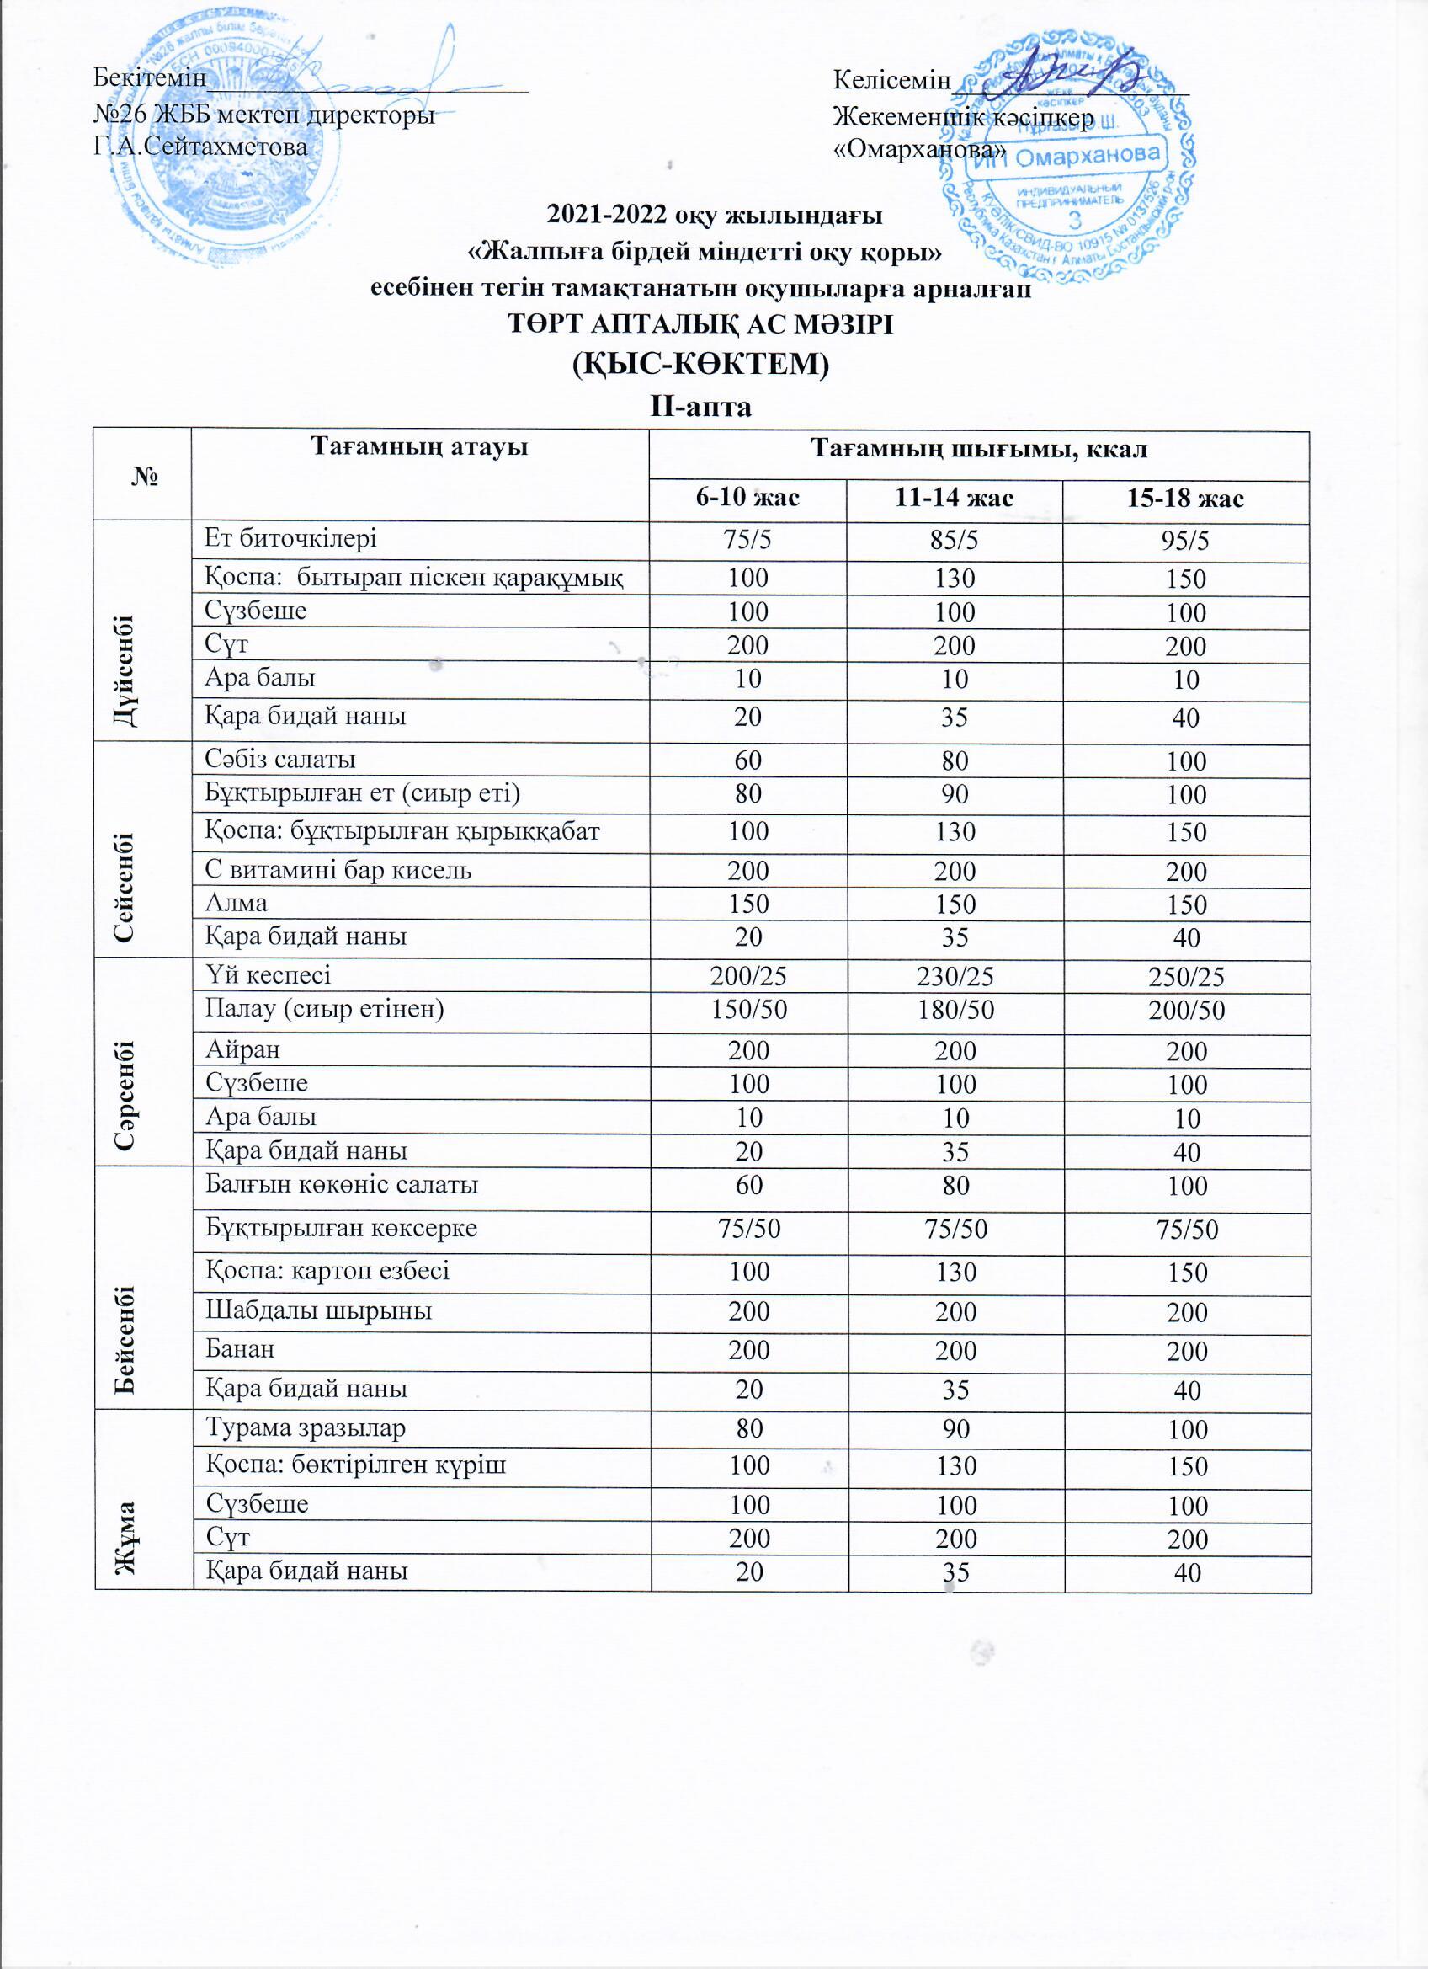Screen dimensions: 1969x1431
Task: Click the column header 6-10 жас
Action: [x=748, y=499]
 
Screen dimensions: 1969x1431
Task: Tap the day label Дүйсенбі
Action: [x=129, y=629]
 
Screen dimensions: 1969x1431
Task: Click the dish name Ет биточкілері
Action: [x=290, y=538]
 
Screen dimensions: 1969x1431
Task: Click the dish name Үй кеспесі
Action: [x=268, y=975]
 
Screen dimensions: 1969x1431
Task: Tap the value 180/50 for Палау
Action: [x=955, y=1011]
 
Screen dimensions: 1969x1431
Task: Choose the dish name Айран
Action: [x=243, y=1049]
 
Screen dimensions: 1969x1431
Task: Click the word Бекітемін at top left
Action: [x=150, y=77]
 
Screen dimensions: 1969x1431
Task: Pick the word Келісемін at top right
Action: [x=892, y=80]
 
